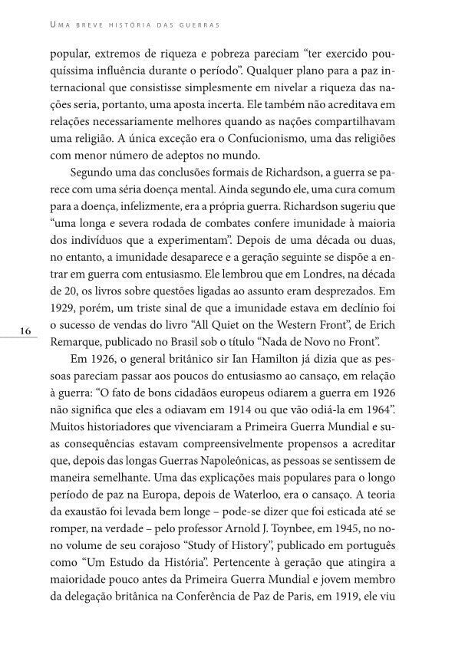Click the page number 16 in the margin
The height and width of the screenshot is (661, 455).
coord(25,331)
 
